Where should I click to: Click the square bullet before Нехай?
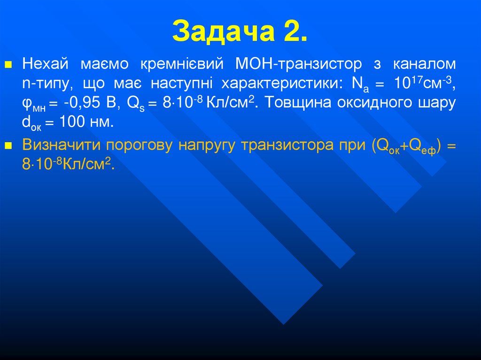tap(7, 64)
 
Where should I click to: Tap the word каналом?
tap(424, 63)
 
